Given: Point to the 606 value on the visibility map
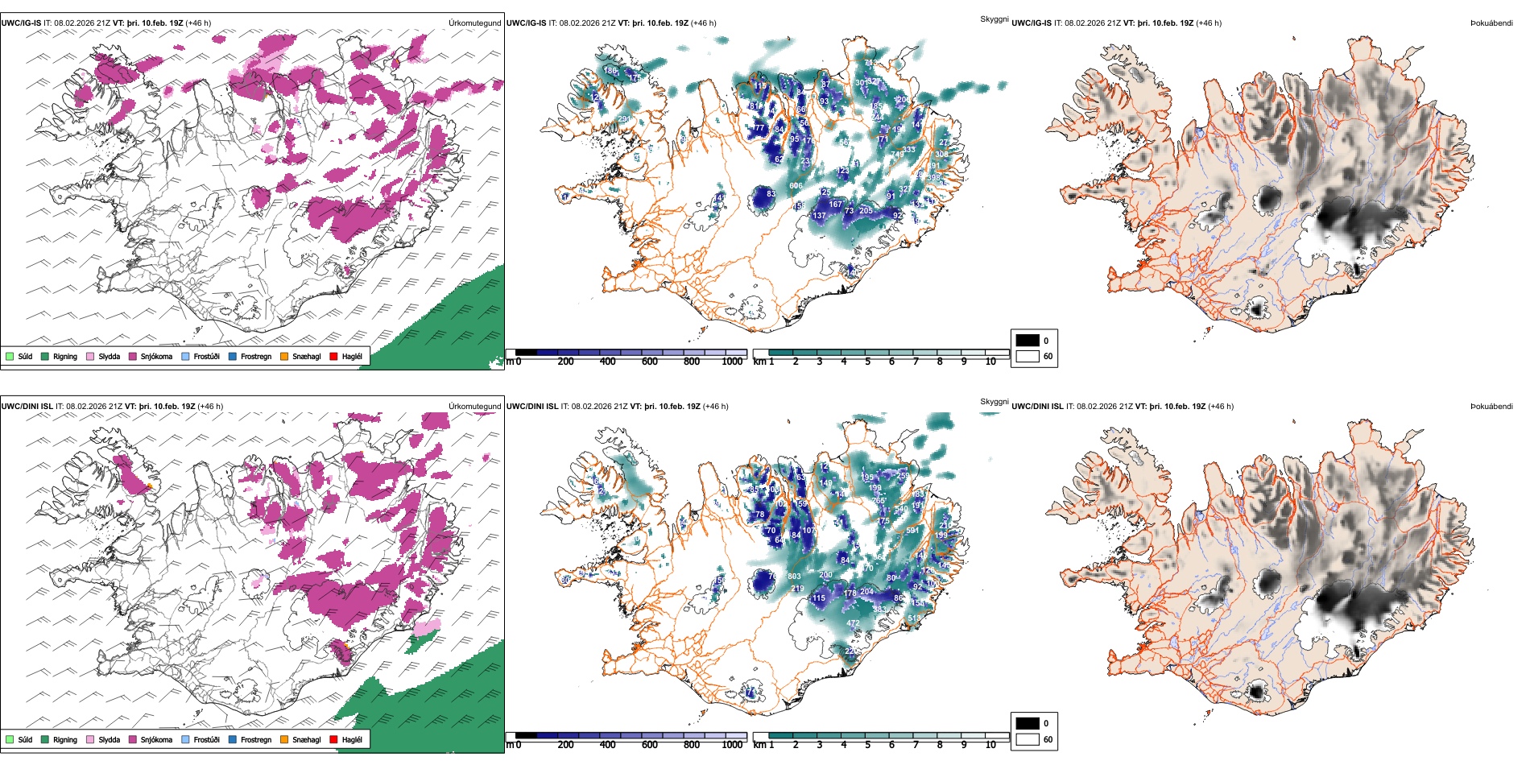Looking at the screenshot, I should pyautogui.click(x=796, y=186).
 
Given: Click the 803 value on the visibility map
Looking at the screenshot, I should pyautogui.click(x=794, y=577).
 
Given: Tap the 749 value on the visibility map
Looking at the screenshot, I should pyautogui.click(x=897, y=155).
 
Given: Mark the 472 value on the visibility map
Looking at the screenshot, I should pyautogui.click(x=853, y=623).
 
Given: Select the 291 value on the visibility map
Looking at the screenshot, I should pyautogui.click(x=624, y=119).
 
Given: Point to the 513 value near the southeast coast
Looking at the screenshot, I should pyautogui.click(x=914, y=618).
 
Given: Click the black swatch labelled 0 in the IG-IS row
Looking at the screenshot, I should pyautogui.click(x=1028, y=341).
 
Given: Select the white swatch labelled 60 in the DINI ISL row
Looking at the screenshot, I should pyautogui.click(x=1028, y=739).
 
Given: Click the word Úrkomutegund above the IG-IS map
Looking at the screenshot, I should pyautogui.click(x=474, y=23).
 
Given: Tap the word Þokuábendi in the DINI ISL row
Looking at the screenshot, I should pyautogui.click(x=1491, y=407).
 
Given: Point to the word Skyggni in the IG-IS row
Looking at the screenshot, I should pyautogui.click(x=994, y=19).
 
